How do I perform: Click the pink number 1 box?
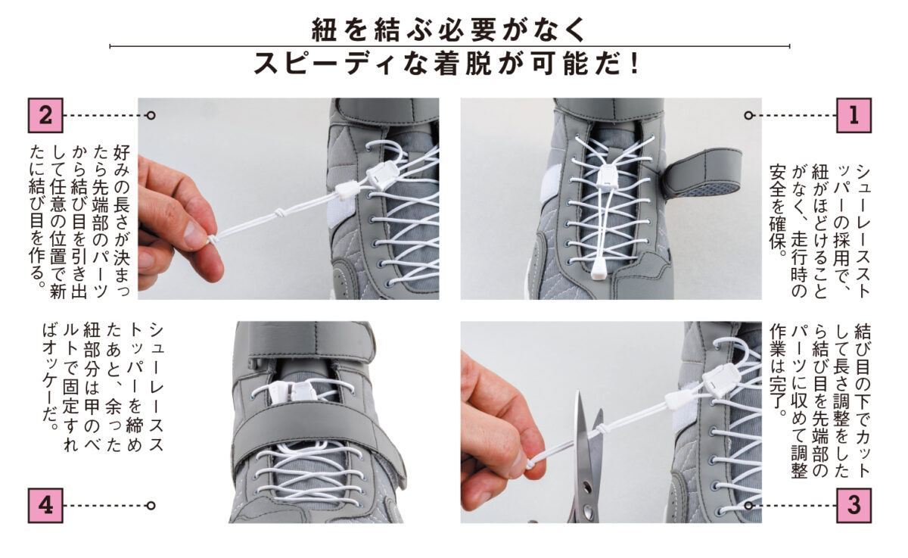click(854, 115)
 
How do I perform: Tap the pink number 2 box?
click(45, 115)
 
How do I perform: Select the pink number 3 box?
click(854, 505)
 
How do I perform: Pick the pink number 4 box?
click(45, 505)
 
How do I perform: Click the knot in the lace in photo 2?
click(279, 213)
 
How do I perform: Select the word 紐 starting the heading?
click(324, 30)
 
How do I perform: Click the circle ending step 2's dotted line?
click(151, 116)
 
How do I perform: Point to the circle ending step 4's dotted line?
click(151, 506)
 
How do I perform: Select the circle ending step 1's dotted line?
click(748, 116)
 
